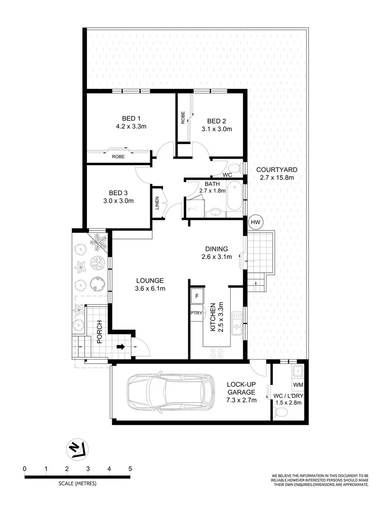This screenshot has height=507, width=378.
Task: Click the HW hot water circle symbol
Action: coord(255,222)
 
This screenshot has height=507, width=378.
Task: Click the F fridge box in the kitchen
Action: coord(196,296)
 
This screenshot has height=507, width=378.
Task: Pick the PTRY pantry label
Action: coord(196,313)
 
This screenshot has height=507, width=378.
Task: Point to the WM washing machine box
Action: coord(298,385)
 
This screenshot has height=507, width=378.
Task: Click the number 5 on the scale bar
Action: coord(131,469)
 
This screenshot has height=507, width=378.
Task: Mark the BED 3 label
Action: coord(118,193)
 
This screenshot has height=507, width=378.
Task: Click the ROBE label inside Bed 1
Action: coord(118,157)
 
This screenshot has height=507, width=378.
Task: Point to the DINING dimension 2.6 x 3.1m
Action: coord(216,257)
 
